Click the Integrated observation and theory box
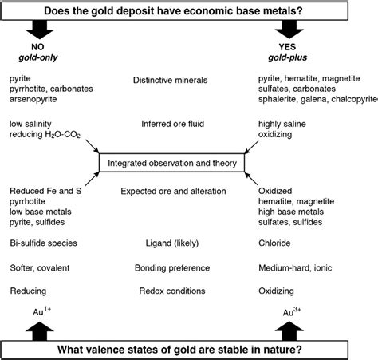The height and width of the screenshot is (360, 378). (x=172, y=163)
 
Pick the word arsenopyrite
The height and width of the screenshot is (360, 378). (x=33, y=102)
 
